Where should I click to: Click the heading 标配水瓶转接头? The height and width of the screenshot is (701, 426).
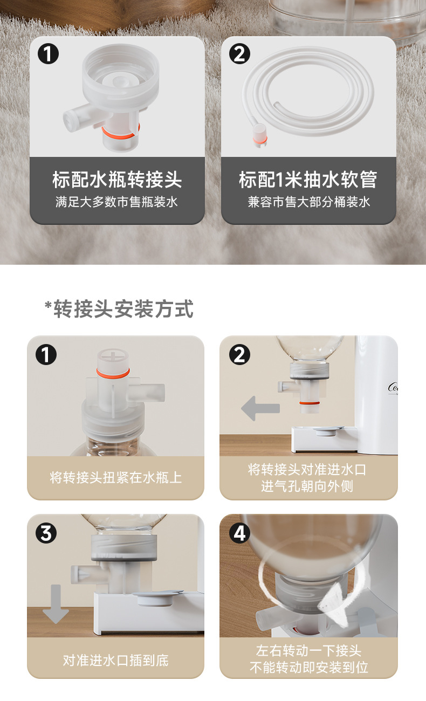click(x=117, y=180)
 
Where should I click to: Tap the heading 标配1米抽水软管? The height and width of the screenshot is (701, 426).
click(x=308, y=180)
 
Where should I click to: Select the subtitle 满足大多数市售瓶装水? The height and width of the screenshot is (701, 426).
click(x=116, y=202)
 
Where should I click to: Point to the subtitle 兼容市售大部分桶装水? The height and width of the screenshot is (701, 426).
click(x=308, y=202)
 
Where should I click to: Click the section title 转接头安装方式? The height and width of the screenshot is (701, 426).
click(x=123, y=309)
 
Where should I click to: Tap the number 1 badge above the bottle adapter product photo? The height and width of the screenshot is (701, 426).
click(x=48, y=54)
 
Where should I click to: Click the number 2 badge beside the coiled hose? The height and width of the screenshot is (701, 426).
click(x=239, y=54)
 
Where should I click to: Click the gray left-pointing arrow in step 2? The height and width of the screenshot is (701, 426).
click(x=260, y=408)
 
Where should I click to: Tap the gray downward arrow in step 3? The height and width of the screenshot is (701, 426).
click(x=56, y=604)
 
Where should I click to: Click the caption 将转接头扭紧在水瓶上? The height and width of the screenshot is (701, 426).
click(x=116, y=478)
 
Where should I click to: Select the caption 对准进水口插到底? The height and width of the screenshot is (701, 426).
click(x=116, y=660)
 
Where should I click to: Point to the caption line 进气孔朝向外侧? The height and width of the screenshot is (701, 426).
click(x=307, y=486)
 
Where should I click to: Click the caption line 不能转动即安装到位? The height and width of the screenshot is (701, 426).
click(x=308, y=667)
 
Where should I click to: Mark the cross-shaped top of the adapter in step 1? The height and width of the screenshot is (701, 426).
click(x=113, y=357)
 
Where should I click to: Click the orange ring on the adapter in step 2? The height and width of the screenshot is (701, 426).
click(x=310, y=403)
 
